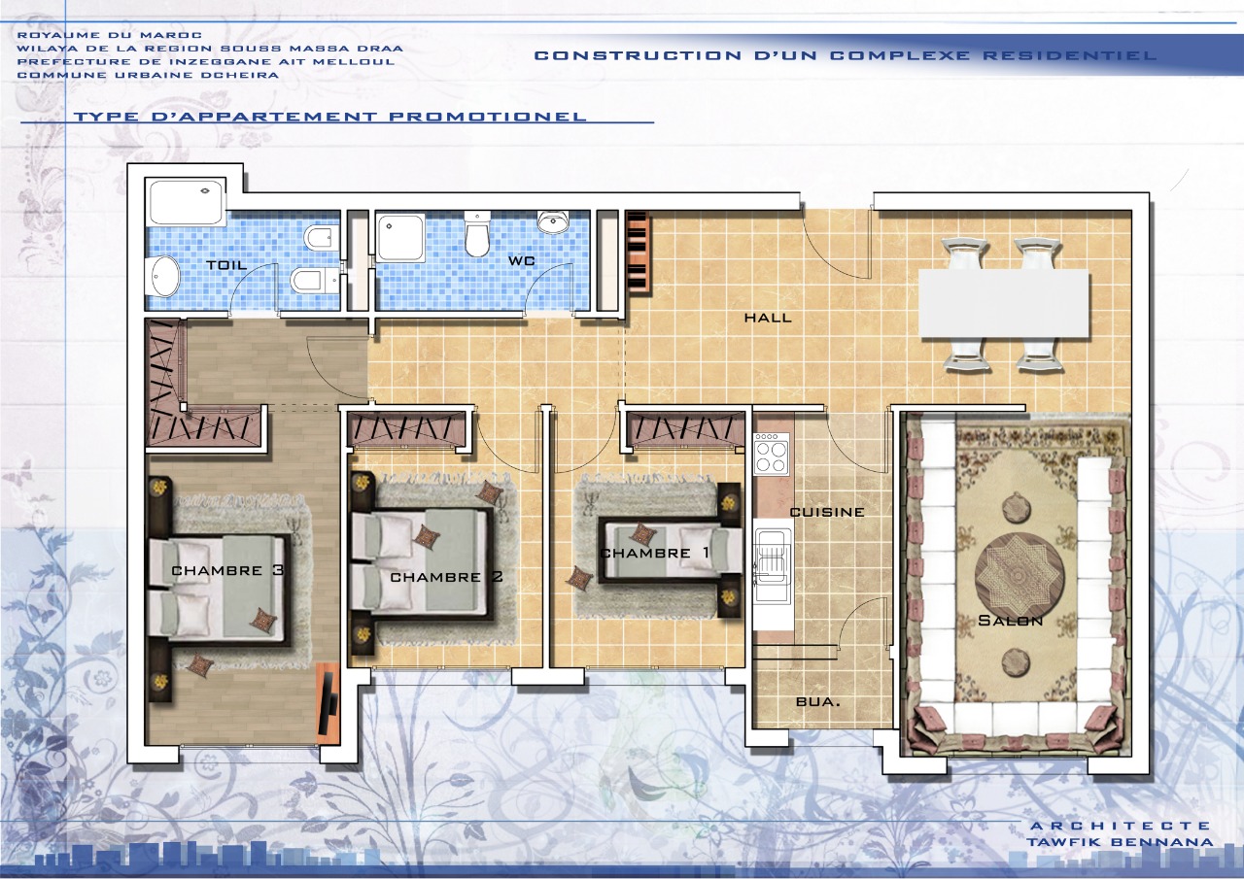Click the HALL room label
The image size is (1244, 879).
[768, 318]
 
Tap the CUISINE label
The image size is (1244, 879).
[827, 512]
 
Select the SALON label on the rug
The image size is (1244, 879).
[1010, 621]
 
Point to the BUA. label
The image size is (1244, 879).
[817, 702]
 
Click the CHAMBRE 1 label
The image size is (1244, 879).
[655, 553]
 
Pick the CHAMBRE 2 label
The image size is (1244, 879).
[446, 577]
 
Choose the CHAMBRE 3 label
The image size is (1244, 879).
[227, 570]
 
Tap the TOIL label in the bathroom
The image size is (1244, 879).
[226, 265]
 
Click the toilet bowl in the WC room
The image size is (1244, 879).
[476, 234]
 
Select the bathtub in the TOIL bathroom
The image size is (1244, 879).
[186, 201]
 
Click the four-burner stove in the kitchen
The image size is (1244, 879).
[771, 454]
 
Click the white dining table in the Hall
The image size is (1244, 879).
[1004, 303]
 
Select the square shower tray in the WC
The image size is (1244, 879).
[400, 238]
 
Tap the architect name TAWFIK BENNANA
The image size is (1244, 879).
[1119, 842]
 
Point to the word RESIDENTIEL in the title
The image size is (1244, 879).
[1069, 55]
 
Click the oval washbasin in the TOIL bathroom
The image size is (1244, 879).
[164, 277]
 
